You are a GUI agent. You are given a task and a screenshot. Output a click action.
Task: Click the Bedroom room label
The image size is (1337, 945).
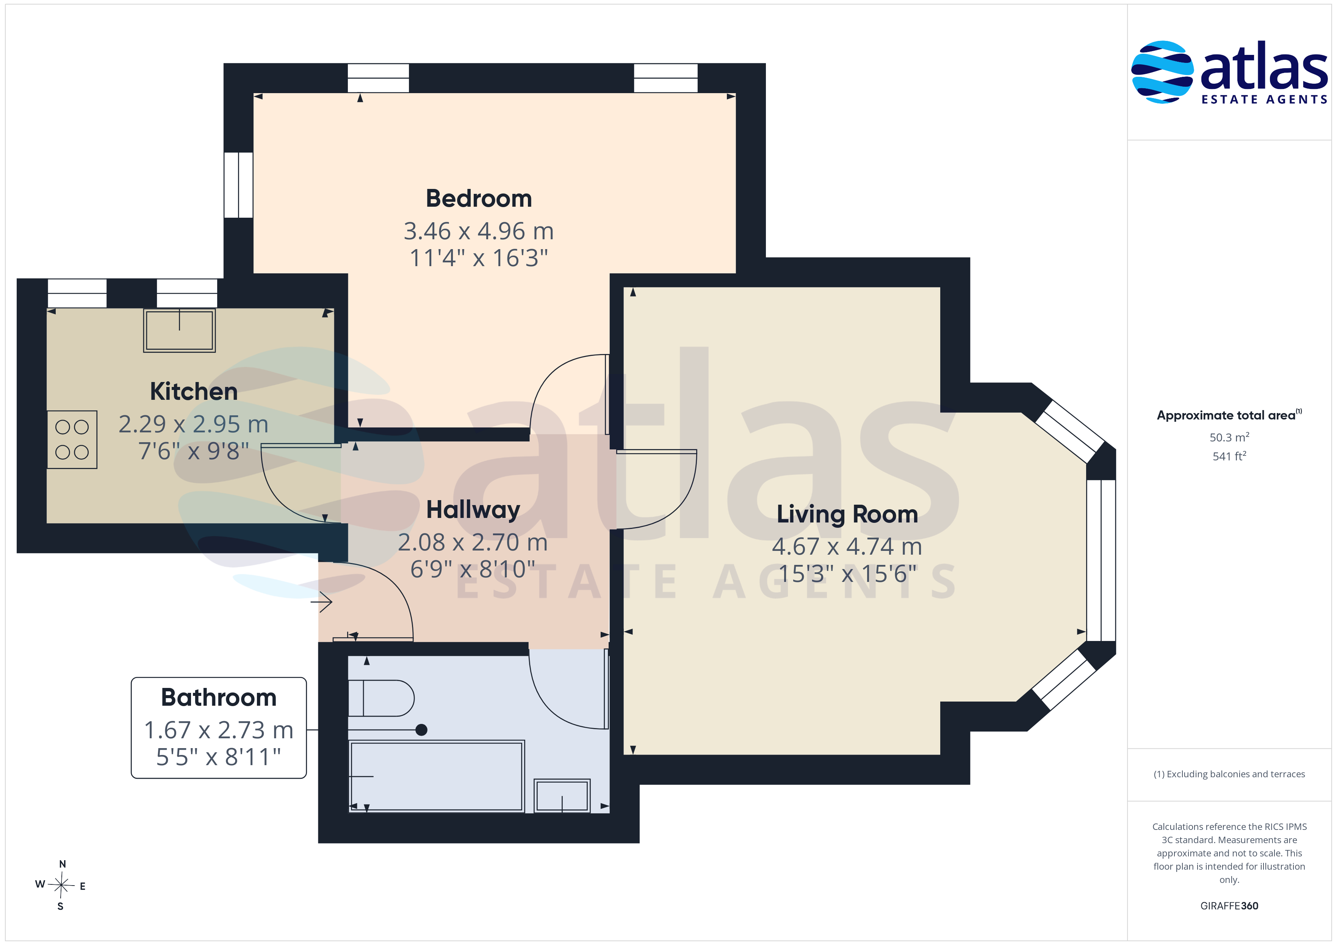click(x=479, y=198)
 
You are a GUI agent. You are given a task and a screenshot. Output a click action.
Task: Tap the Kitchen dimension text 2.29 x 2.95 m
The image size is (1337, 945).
click(x=193, y=424)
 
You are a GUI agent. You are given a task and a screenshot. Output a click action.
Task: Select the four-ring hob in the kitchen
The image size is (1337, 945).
click(x=72, y=439)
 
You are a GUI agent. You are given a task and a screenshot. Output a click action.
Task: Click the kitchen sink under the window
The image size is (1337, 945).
click(x=179, y=330)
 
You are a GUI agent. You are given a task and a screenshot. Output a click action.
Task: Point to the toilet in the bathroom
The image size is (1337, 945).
click(x=381, y=698)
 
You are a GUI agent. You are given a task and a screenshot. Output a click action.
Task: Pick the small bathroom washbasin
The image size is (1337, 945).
click(x=562, y=795)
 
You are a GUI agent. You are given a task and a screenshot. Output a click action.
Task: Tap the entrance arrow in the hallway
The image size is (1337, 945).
click(x=321, y=602)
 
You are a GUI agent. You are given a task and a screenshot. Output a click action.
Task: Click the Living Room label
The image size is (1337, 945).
click(x=847, y=515)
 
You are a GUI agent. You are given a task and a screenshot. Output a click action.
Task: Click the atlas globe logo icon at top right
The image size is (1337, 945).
click(x=1162, y=72)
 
